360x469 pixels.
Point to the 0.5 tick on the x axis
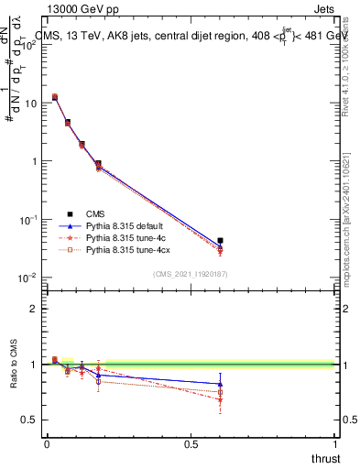pos(191,443)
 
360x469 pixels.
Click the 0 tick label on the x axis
pos(47,443)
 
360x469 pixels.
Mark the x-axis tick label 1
pos(334,443)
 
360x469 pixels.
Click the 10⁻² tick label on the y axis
pos(27,278)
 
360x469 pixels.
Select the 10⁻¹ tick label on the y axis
pos(27,220)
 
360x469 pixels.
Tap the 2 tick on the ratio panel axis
pos(34,309)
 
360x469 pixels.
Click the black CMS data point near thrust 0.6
pos(220,241)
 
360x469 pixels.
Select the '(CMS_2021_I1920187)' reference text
pos(191,274)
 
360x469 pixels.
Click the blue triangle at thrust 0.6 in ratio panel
pos(220,384)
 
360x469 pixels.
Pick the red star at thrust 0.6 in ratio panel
pos(220,399)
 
